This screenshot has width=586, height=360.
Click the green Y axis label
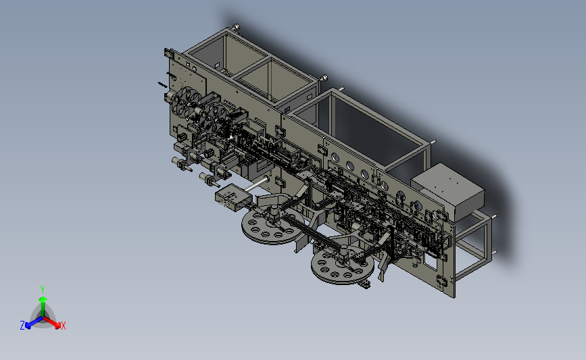click(43, 290)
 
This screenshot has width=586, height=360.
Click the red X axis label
click(63, 326)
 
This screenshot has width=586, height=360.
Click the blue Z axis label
click(22, 326)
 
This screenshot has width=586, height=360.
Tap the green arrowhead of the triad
click(43, 299)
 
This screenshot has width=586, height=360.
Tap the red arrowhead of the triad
click(57, 326)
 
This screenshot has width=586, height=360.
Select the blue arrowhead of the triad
click(28, 326)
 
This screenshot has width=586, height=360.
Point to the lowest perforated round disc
click(342, 266)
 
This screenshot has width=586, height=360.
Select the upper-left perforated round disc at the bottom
click(272, 226)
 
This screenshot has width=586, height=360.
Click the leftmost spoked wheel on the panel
click(184, 101)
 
